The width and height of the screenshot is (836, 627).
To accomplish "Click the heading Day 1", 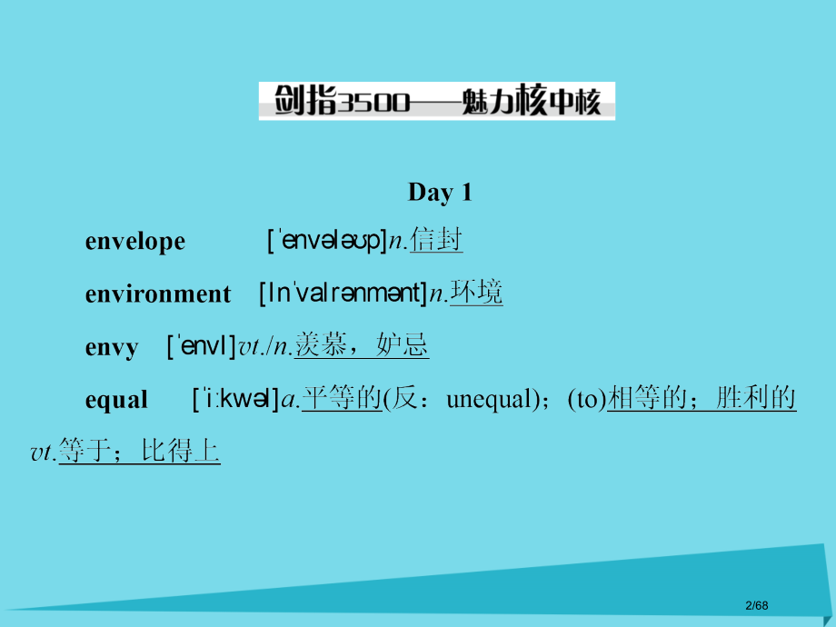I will (440, 192).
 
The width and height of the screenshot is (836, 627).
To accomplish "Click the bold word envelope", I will (134, 242).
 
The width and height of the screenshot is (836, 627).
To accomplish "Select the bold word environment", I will (158, 294).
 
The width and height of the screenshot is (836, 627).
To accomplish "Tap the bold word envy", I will (112, 347).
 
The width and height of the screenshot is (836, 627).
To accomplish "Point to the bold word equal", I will (116, 400).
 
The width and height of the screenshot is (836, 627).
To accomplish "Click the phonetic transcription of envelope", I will (327, 241).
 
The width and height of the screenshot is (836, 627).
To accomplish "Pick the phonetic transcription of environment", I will (343, 294).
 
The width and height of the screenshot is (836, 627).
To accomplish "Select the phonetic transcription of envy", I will (201, 346).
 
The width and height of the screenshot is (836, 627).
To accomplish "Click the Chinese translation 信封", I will (436, 241).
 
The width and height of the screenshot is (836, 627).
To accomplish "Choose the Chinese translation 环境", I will (476, 294).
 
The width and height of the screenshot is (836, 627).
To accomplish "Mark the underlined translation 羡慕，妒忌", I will (363, 346).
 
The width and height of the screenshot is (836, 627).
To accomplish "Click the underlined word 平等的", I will (341, 399).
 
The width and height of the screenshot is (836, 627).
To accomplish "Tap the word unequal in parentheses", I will (487, 400).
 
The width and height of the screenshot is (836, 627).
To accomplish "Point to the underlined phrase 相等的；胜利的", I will (702, 399).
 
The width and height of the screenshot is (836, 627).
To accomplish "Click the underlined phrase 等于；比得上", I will (138, 451).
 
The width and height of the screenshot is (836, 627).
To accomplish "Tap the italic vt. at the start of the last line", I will (43, 452).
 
